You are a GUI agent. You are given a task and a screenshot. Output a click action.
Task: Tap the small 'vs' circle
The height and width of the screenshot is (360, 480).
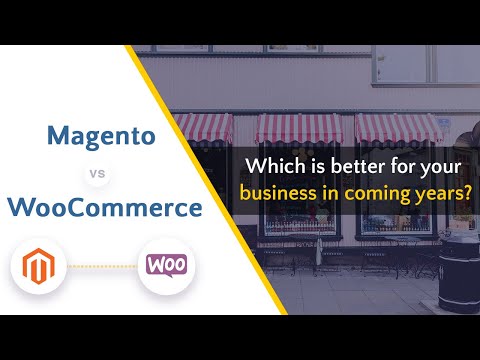(x=97, y=173)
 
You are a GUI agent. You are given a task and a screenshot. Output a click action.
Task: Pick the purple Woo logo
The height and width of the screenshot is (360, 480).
(x=165, y=265)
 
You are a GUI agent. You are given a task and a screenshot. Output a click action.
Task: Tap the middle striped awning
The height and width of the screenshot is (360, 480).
(x=297, y=128)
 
